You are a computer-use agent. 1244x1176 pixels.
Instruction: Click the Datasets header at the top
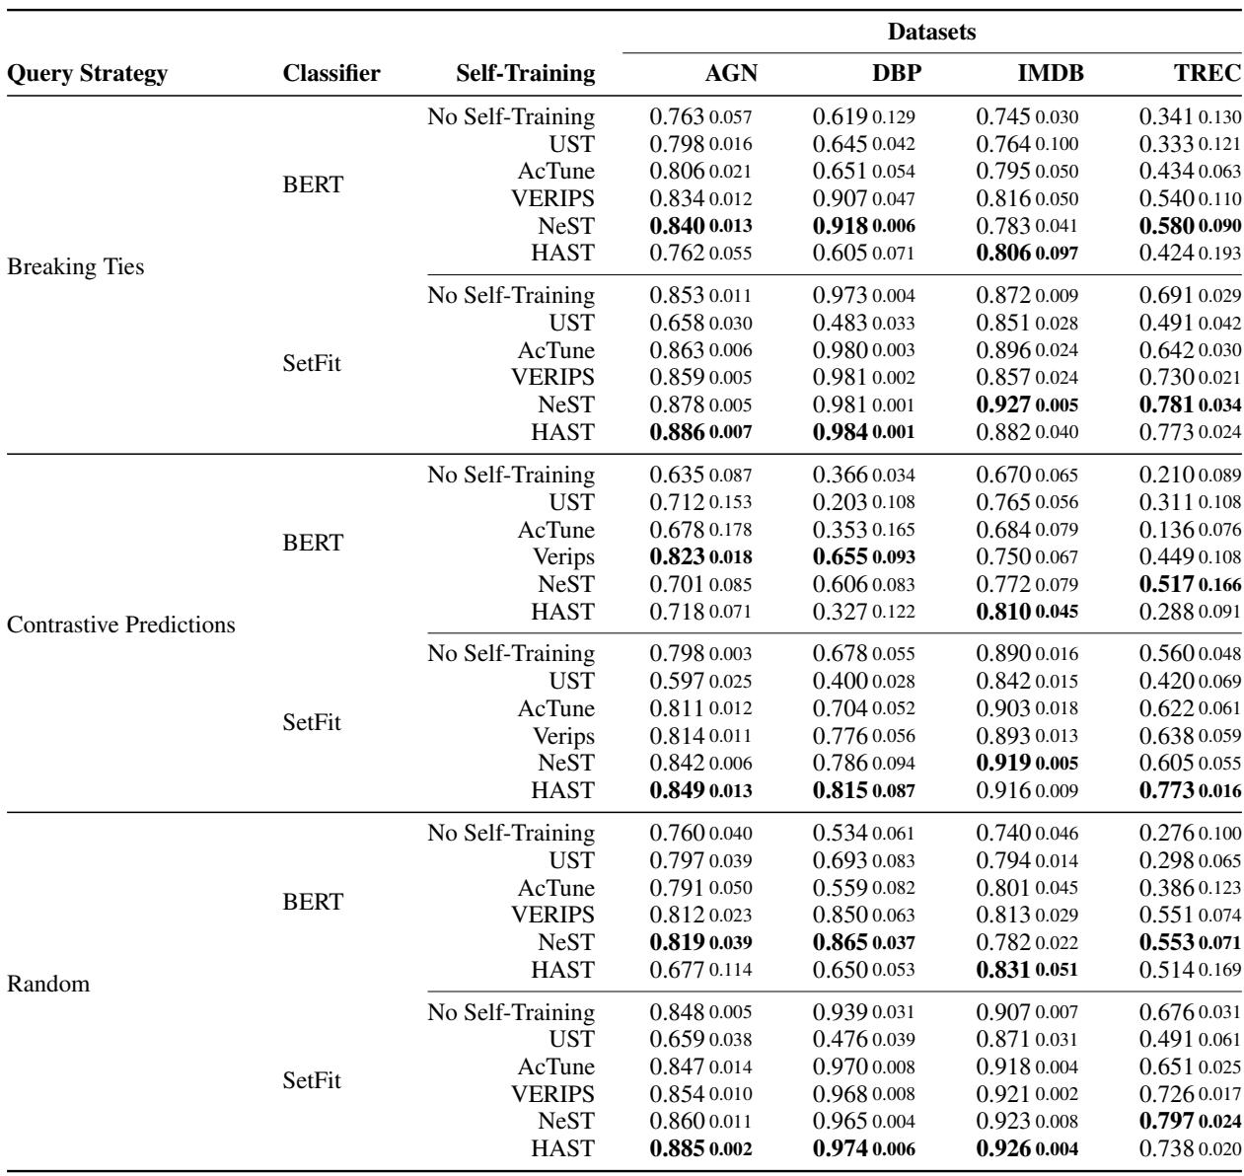point(931,33)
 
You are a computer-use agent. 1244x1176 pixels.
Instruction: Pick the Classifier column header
point(331,73)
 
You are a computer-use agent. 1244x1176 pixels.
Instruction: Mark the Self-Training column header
point(526,73)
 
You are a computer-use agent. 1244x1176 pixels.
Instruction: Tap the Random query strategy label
point(47,983)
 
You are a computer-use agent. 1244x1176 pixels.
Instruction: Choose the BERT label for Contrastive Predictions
point(313,543)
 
